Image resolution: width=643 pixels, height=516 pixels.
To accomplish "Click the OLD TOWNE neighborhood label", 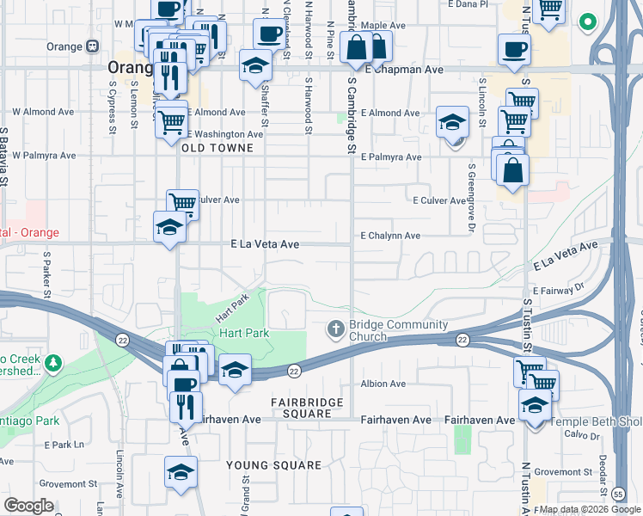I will pos(217,148).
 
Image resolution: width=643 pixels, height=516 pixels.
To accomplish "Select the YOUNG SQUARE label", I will pos(273,465).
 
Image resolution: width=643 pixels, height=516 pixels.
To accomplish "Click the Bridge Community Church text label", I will pos(398,330).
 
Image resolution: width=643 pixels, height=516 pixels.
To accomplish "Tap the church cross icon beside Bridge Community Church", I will pos(336,329).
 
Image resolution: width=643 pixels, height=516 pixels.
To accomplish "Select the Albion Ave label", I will pos(383,384).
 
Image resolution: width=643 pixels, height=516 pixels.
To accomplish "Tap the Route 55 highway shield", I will pos(619,494).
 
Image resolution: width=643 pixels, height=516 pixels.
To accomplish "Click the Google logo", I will pos(28,506).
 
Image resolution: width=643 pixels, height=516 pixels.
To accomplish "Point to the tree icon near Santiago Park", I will pos(54,363).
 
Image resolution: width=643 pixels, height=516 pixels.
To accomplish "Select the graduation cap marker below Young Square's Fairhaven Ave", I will pos(181,472).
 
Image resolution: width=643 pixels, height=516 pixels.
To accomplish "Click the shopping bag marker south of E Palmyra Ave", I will pos(512,169).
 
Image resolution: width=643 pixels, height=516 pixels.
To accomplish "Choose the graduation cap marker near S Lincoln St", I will pos(451,123).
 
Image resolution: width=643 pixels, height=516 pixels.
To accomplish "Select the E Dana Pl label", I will pos(468,4).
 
